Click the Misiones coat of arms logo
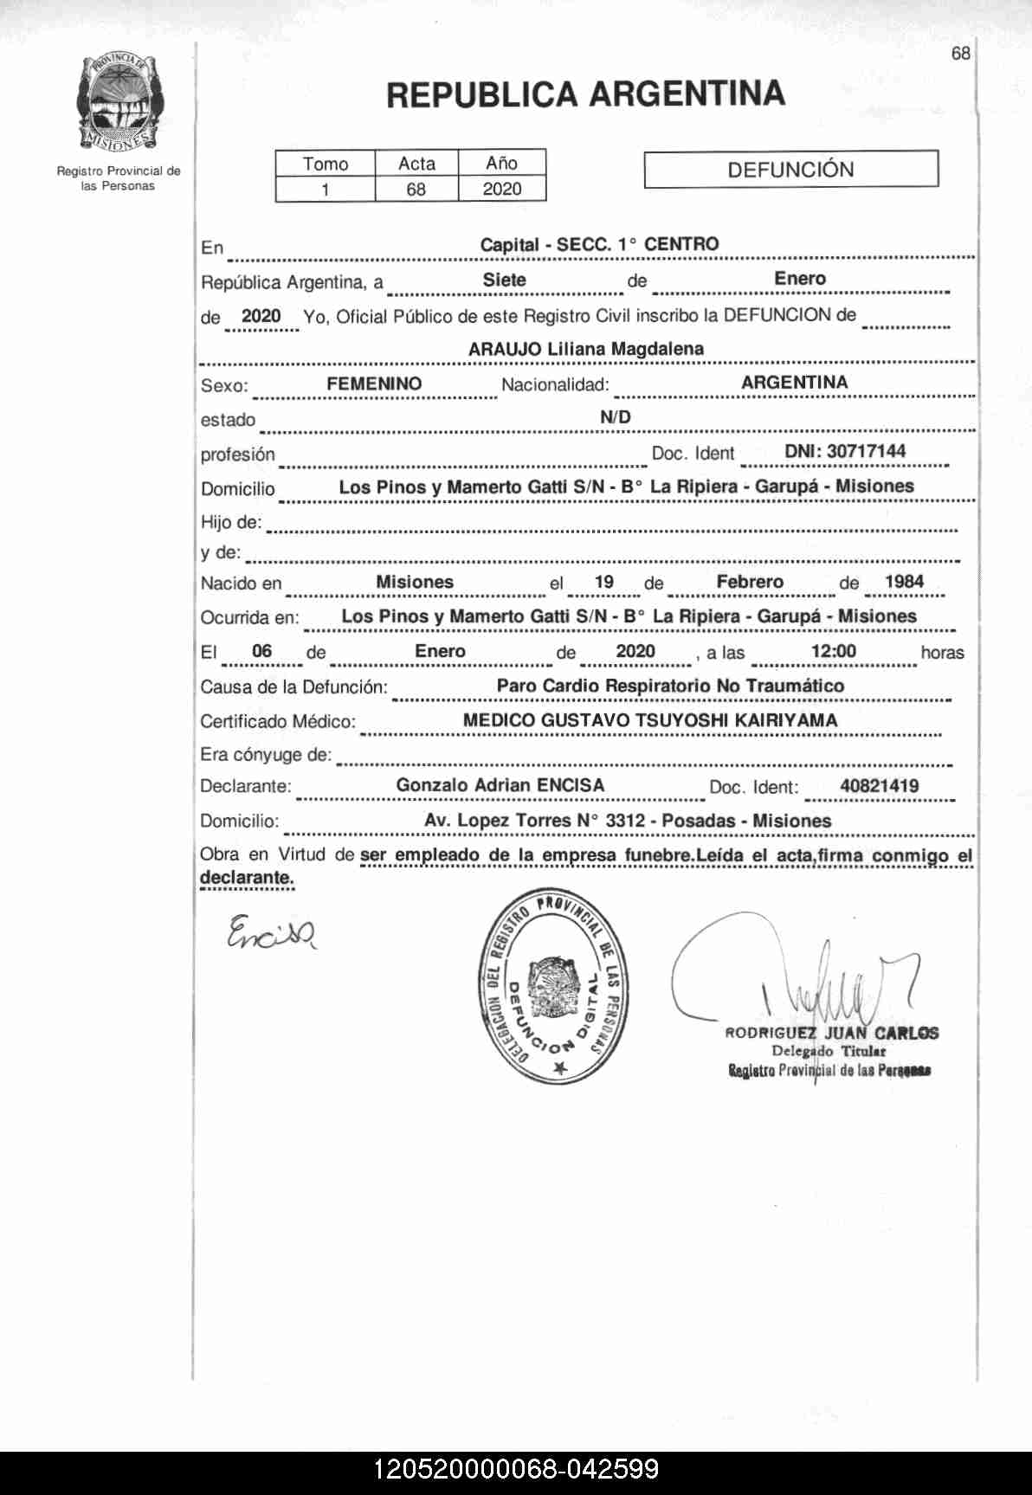pyautogui.click(x=119, y=102)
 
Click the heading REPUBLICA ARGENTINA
pyautogui.click(x=585, y=94)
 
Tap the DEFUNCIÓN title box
pyautogui.click(x=790, y=170)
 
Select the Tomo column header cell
pyautogui.click(x=326, y=164)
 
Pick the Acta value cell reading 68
pyautogui.click(x=416, y=189)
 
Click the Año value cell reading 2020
pyautogui.click(x=502, y=189)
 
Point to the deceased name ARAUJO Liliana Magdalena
pyautogui.click(x=585, y=349)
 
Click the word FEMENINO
pyautogui.click(x=374, y=383)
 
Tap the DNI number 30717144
pyautogui.click(x=845, y=451)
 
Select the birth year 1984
pyautogui.click(x=904, y=582)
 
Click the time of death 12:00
pyautogui.click(x=834, y=651)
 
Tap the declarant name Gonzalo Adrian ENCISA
pyautogui.click(x=500, y=785)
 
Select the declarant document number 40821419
pyautogui.click(x=879, y=786)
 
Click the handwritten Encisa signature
pyautogui.click(x=271, y=931)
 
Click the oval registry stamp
pyautogui.click(x=553, y=983)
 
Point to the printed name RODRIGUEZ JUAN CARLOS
pyautogui.click(x=831, y=1033)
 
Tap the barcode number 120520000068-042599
pyautogui.click(x=516, y=1469)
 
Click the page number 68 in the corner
pyautogui.click(x=960, y=54)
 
